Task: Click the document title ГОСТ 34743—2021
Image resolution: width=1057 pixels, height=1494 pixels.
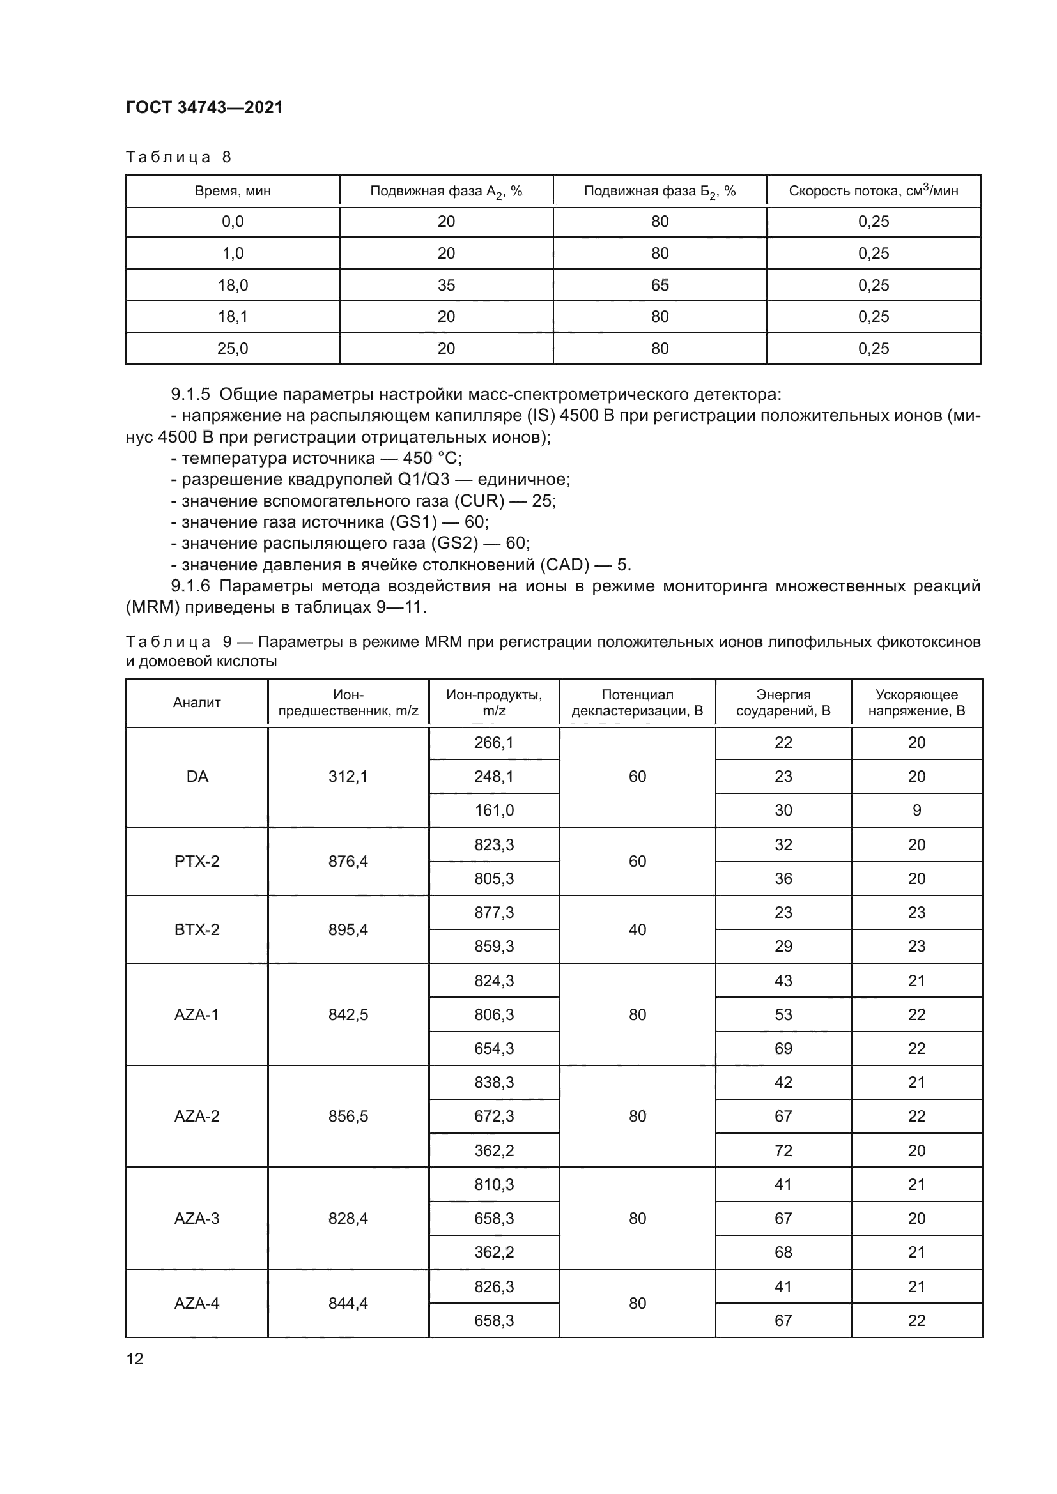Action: (204, 107)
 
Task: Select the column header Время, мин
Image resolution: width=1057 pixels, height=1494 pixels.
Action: (233, 190)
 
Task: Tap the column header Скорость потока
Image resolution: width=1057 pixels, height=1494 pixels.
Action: (874, 190)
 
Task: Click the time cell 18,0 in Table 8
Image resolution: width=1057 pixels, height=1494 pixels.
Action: (233, 285)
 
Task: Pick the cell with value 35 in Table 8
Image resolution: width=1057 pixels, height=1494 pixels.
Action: (446, 285)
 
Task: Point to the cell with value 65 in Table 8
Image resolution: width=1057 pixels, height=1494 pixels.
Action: (660, 285)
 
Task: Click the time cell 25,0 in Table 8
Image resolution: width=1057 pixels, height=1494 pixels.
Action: (233, 349)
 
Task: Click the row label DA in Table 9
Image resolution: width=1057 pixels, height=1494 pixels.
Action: (197, 776)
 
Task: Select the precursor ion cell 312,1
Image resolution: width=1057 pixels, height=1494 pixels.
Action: (348, 776)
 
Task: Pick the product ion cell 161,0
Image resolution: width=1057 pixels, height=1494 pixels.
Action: (493, 810)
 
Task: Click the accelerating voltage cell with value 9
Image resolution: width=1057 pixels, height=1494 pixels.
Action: (916, 810)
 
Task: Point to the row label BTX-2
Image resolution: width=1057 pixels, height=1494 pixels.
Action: (197, 929)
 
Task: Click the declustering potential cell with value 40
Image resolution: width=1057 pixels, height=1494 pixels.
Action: (637, 929)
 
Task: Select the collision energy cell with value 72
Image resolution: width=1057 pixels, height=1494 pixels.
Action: (783, 1150)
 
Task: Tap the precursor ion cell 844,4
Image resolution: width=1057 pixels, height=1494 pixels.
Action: (348, 1304)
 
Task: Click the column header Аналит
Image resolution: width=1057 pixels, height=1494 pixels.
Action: (197, 703)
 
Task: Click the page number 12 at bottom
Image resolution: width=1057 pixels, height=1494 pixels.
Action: (135, 1359)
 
